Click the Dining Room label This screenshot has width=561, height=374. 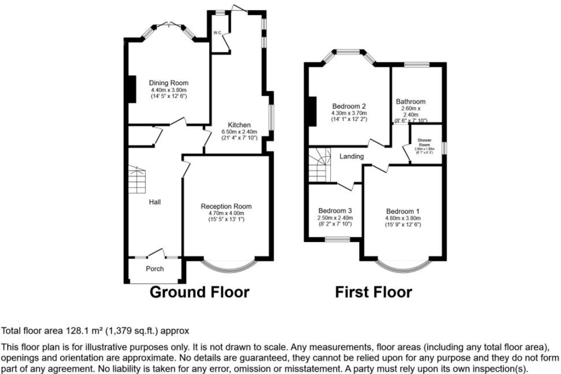point(168,83)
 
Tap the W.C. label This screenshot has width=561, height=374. point(218,33)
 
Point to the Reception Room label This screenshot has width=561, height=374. point(226,206)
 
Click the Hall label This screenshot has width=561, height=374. point(155,202)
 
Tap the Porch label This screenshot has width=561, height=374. point(155,269)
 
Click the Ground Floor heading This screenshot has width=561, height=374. point(199,292)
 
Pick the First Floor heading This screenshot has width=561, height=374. point(373,292)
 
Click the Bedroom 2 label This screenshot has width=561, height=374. point(348,106)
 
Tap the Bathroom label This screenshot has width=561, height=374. point(411,101)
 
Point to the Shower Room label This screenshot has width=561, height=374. point(424,142)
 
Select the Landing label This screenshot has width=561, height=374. point(351,157)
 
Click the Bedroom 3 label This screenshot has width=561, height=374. point(335,211)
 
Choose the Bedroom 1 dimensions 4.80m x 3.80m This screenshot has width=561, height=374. point(403,219)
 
